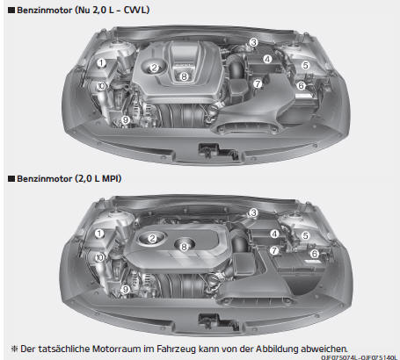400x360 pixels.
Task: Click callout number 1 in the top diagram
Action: click(101, 63)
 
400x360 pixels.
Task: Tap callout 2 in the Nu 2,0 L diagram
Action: click(155, 68)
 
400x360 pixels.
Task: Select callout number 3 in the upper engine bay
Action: click(253, 42)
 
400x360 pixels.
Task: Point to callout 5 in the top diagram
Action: click(306, 65)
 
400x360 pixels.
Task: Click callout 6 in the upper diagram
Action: click(301, 86)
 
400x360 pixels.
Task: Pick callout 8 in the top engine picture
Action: click(184, 76)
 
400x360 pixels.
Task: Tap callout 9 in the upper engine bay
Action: click(126, 119)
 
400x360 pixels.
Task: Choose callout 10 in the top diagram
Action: click(101, 86)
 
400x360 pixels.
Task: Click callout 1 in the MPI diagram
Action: click(99, 234)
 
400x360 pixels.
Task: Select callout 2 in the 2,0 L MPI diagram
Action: click(152, 238)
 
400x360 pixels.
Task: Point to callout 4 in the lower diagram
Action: click(274, 234)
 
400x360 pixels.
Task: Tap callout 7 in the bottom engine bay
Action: click(274, 250)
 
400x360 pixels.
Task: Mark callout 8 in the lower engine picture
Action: click(184, 247)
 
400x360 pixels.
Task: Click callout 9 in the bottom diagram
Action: click(126, 290)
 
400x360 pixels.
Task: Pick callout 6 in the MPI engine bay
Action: click(315, 254)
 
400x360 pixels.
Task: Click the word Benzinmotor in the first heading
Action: click(45, 11)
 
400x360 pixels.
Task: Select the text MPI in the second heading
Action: click(112, 178)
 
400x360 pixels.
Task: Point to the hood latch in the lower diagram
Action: click(217, 321)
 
